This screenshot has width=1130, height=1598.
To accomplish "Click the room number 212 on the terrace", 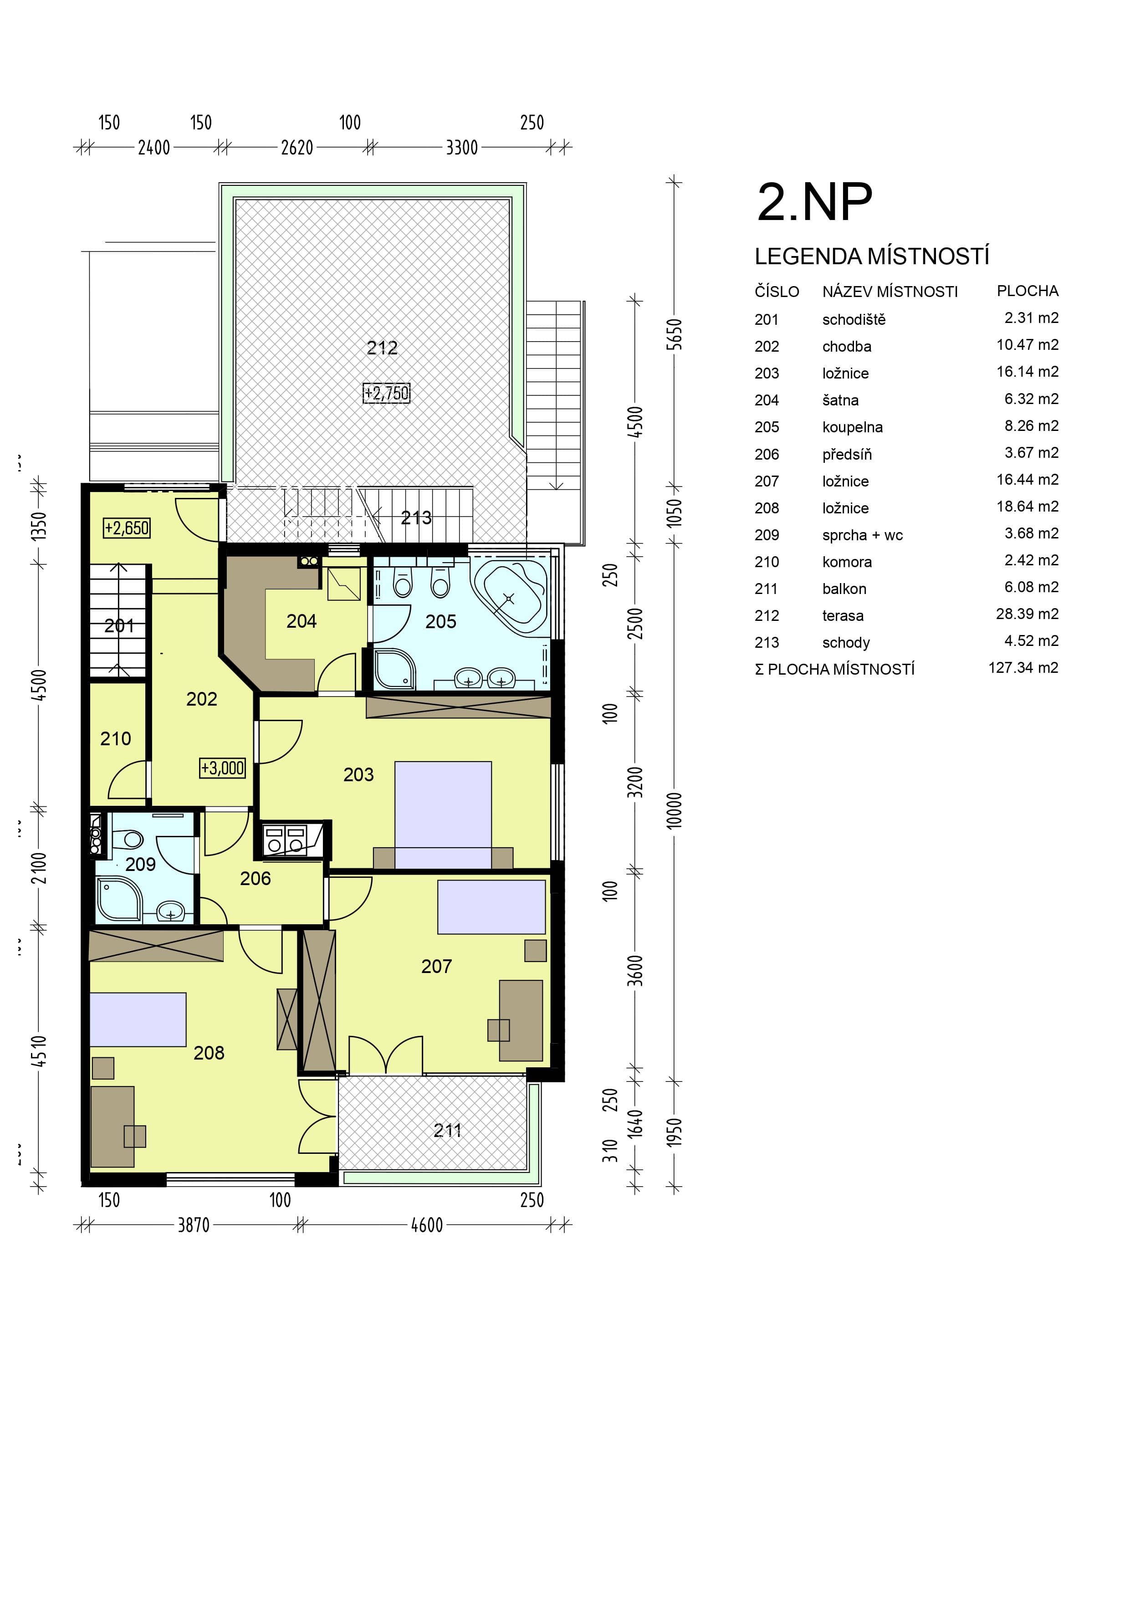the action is tap(382, 348).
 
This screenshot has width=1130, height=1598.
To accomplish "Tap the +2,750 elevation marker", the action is tap(387, 393).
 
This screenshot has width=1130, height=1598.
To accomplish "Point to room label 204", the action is tap(301, 621).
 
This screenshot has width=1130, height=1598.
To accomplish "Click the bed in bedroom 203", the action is tap(443, 814).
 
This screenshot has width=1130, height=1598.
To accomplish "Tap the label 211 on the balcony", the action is tap(447, 1130).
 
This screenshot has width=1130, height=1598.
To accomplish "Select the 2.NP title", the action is tap(814, 203).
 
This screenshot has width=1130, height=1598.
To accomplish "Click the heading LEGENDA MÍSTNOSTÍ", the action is tap(872, 257).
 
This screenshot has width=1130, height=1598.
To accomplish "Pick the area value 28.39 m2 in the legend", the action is tap(1027, 615).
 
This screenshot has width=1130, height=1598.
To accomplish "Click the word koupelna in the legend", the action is tap(852, 427).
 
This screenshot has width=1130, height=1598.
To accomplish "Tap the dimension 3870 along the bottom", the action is tap(194, 1225).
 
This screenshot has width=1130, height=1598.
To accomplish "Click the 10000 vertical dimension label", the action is tap(674, 810).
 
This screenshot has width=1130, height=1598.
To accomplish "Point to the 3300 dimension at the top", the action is tap(462, 148).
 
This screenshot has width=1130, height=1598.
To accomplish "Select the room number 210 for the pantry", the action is tap(116, 738).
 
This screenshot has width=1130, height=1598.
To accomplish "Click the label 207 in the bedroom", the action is tap(436, 966).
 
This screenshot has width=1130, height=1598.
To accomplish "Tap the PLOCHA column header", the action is tap(1028, 291).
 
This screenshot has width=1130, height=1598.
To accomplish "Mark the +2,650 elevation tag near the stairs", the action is tap(127, 528).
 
